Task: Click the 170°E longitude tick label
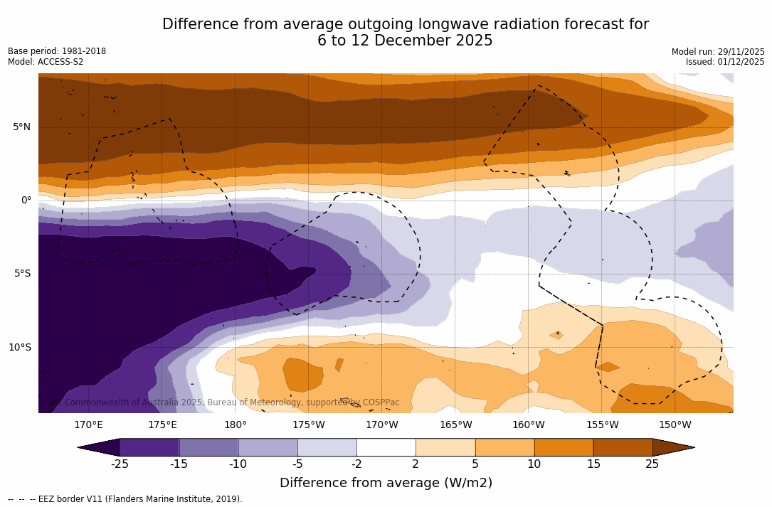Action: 89,425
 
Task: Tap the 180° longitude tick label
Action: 236,425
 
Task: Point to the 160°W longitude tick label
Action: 529,425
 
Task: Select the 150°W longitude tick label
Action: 675,425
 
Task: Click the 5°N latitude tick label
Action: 22,127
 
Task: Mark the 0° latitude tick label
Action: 26,201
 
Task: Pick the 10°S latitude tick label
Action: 20,348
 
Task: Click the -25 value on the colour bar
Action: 120,464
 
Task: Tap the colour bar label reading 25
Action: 652,464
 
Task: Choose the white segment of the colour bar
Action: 386,447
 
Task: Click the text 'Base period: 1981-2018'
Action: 57,51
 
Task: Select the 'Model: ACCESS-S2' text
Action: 46,62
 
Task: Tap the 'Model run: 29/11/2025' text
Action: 718,52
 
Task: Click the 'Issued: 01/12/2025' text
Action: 725,62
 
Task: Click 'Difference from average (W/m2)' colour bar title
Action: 386,484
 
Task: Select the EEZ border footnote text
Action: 125,499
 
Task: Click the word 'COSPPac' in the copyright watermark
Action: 381,402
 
